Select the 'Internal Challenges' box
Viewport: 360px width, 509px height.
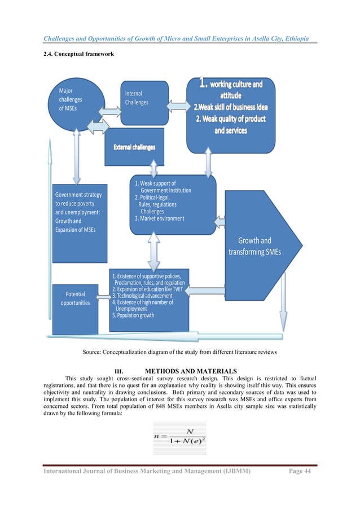pos(144,102)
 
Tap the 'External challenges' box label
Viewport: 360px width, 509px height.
pos(134,147)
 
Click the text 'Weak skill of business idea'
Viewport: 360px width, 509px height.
pos(231,107)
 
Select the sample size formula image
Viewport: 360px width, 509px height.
pos(179,438)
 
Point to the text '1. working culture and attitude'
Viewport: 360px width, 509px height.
pos(231,90)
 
